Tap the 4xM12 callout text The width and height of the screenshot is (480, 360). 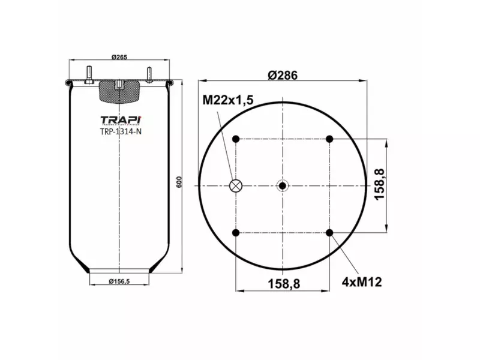click(x=363, y=281)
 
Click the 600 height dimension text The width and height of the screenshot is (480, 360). click(x=178, y=182)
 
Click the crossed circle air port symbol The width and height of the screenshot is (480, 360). click(x=236, y=186)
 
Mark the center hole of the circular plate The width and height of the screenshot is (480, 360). click(x=283, y=186)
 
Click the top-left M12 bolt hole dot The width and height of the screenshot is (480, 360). click(x=236, y=139)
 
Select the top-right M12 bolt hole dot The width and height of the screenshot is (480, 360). click(x=329, y=139)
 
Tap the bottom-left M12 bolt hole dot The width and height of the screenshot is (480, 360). click(x=236, y=233)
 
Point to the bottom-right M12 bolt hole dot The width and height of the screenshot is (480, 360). click(x=329, y=233)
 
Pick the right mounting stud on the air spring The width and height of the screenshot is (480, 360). click(x=148, y=74)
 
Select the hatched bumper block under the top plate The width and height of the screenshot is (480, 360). click(x=120, y=92)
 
